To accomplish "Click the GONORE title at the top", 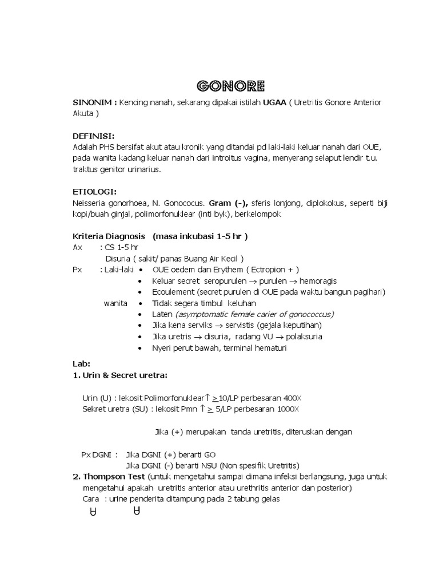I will click(230, 86).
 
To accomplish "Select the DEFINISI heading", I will click(94, 136).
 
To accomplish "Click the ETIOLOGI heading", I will click(95, 192).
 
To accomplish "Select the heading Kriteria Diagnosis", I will click(109, 236).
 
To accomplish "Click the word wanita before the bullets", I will click(115, 303).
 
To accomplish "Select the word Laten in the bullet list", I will click(162, 314).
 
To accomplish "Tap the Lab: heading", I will click(82, 363).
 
